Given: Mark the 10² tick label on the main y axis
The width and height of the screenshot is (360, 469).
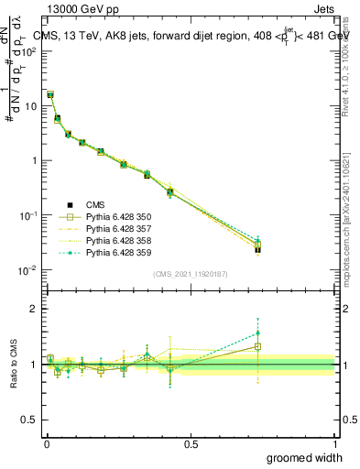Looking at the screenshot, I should pos(30,51).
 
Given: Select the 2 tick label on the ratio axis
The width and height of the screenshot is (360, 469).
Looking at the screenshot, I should pos(34,309).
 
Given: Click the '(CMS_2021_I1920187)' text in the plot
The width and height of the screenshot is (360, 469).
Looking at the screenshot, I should pos(190,274).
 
